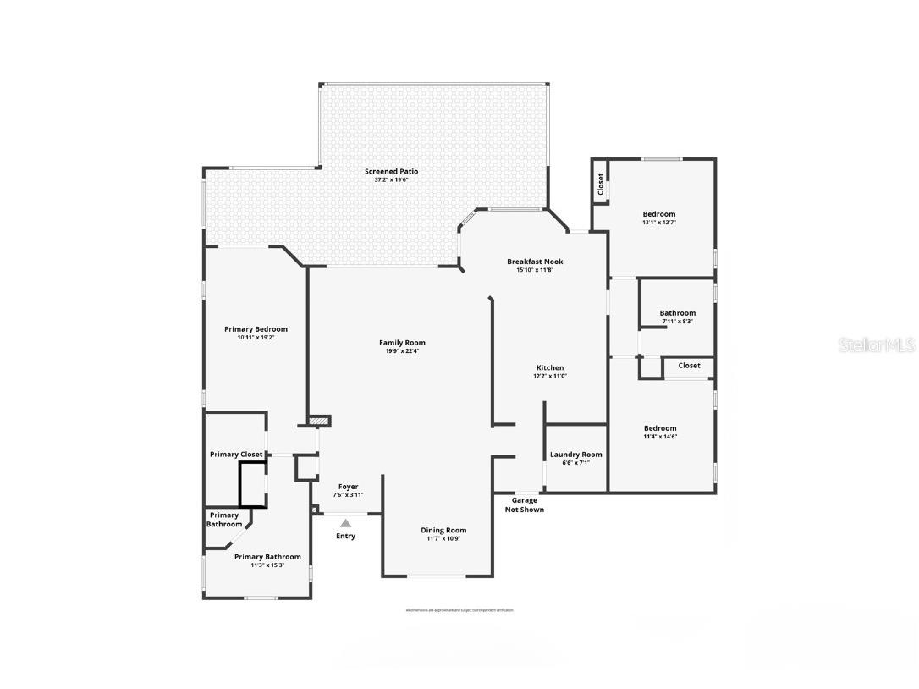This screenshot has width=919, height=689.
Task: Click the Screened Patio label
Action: [x=391, y=172]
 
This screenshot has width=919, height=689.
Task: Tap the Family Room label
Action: [x=402, y=343]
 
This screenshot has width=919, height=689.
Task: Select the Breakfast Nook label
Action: [x=535, y=262]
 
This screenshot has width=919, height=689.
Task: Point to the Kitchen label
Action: [x=550, y=368]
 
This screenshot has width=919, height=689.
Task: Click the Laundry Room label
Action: [x=576, y=455]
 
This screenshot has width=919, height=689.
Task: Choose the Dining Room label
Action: [x=443, y=531]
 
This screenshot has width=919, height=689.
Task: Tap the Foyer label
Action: [x=348, y=487]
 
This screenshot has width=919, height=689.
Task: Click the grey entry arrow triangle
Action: [x=345, y=524]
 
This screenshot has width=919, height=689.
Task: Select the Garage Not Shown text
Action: [x=525, y=505]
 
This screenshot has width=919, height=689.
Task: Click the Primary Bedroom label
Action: [x=256, y=329]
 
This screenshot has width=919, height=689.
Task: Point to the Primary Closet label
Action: [x=236, y=455]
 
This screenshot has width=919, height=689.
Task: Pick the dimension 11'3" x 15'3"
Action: [x=267, y=565]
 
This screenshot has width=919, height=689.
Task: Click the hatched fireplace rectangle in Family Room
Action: [x=319, y=421]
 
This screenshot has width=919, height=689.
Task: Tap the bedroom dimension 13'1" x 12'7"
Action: [x=659, y=223]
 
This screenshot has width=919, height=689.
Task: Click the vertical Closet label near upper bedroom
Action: [x=601, y=184]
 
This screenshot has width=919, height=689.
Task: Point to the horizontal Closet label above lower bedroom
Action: [x=689, y=366]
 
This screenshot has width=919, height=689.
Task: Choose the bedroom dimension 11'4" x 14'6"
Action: [x=660, y=437]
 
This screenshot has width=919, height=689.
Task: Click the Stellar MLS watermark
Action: [x=877, y=344]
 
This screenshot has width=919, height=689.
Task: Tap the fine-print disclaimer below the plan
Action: [x=459, y=610]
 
